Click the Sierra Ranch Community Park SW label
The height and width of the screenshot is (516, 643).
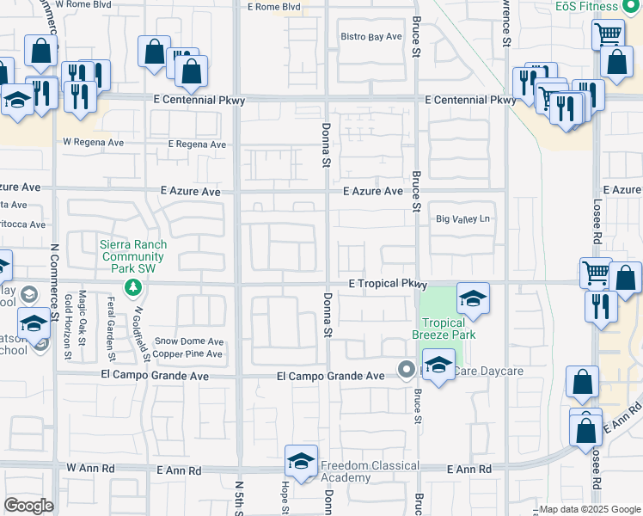(132, 255)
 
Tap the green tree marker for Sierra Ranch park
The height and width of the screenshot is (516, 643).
(132, 286)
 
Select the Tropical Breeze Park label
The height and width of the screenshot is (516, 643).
(444, 328)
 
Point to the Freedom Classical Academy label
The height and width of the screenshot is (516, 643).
(370, 472)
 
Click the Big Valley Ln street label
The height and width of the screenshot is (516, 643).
(462, 219)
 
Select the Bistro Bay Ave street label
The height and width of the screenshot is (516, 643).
(371, 36)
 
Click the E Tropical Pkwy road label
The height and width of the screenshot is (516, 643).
(388, 283)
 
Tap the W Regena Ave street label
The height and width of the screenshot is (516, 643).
(93, 142)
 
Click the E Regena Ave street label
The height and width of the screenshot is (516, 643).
(197, 144)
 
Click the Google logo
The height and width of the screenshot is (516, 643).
(28, 506)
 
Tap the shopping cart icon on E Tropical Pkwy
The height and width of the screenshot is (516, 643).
(595, 273)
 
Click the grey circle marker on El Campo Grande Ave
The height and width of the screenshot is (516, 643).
(407, 369)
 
